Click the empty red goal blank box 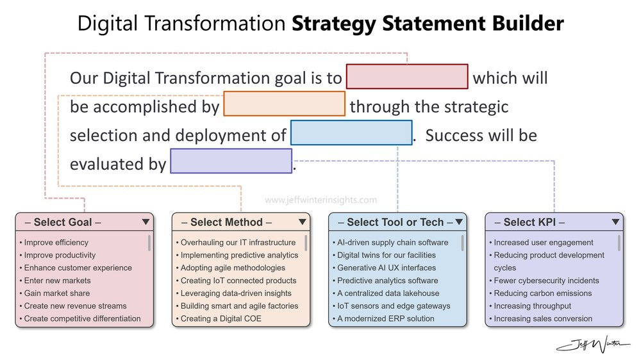(x=407, y=76)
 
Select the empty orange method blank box (x=284, y=104)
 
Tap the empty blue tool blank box (x=351, y=133)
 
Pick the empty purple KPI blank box (x=231, y=161)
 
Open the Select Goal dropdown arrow (x=146, y=222)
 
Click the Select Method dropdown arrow (x=303, y=222)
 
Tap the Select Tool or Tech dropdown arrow (x=459, y=222)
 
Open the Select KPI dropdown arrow (x=615, y=222)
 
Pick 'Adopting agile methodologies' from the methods (x=233, y=268)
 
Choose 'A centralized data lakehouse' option (x=388, y=293)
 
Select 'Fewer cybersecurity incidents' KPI (x=546, y=281)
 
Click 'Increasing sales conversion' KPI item (x=543, y=318)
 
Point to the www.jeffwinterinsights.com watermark (x=320, y=200)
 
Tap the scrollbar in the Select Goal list (x=149, y=243)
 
